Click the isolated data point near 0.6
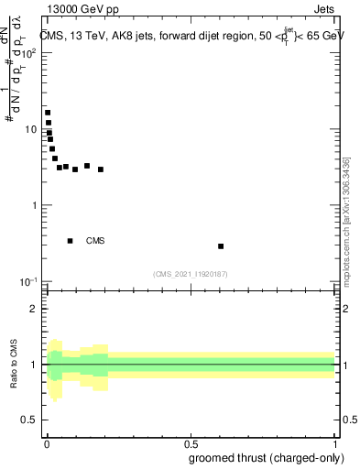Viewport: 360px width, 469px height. pos(221,246)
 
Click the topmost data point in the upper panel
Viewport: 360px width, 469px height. pos(48,113)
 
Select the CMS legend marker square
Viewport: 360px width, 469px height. pos(70,241)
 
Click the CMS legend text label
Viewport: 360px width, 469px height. pos(95,241)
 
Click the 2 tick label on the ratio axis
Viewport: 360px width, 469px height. pos(34,309)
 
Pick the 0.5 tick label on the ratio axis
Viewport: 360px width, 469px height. pos(30,421)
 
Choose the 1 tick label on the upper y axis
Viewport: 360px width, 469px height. pos(34,205)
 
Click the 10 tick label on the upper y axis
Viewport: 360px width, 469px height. pos(31,129)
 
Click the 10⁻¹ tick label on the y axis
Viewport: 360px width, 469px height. pos(29,281)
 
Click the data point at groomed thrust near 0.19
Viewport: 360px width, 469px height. pos(101,169)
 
